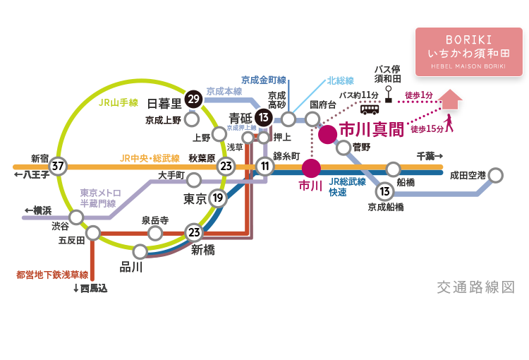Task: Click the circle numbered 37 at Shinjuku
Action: [x=58, y=167]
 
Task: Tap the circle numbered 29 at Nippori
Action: [x=192, y=100]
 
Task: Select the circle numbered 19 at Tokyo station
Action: [x=218, y=198]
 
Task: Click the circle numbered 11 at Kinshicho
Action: [x=265, y=167]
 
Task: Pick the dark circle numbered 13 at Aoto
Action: [x=264, y=117]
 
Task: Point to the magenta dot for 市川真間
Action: [x=327, y=134]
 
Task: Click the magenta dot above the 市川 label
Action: [x=310, y=168]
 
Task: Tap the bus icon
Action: [x=370, y=109]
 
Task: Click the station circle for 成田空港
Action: [x=496, y=174]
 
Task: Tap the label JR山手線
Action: [x=116, y=103]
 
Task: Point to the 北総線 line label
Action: [x=340, y=81]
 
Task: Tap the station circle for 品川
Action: [x=140, y=251]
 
